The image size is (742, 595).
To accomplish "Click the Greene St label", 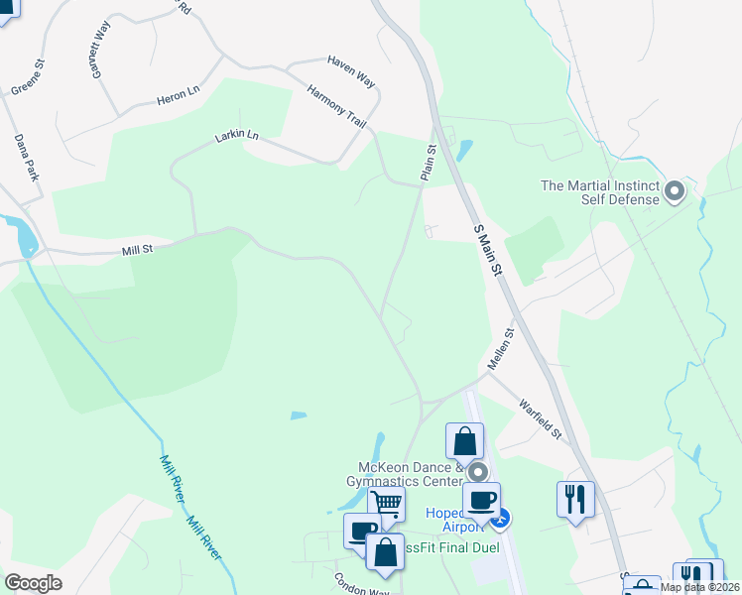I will tap(28, 77).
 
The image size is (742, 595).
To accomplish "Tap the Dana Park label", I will tap(26, 159).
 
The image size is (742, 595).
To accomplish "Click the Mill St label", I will tap(137, 252).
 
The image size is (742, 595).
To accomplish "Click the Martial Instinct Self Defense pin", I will tap(675, 190).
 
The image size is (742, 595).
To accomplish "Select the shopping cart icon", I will tap(386, 504).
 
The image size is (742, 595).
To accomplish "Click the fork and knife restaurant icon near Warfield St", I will tap(575, 498).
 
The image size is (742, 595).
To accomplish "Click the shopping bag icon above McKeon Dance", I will tap(464, 440).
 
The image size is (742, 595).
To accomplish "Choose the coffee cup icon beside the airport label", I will tap(481, 500).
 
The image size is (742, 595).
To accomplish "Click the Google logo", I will tap(33, 582).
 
